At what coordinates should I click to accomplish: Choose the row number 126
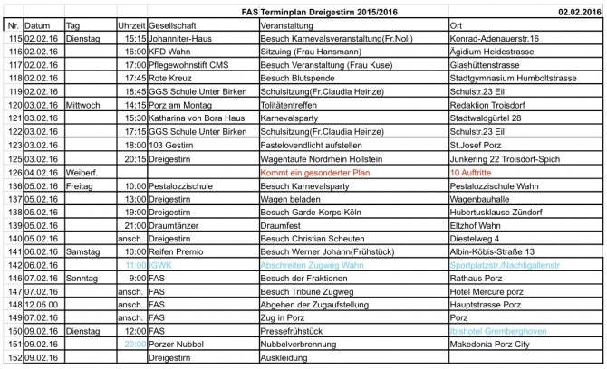(13, 172)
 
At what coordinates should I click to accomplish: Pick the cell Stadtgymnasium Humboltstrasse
(507, 79)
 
